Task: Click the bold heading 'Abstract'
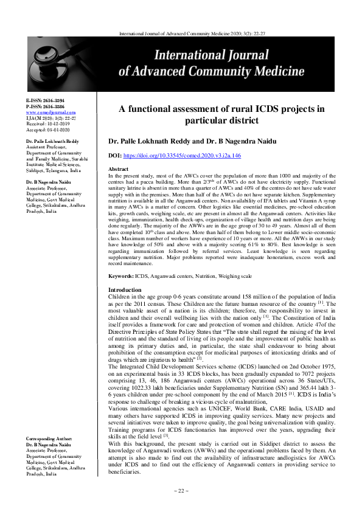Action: [118, 168]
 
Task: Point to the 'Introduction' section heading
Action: [125, 289]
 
